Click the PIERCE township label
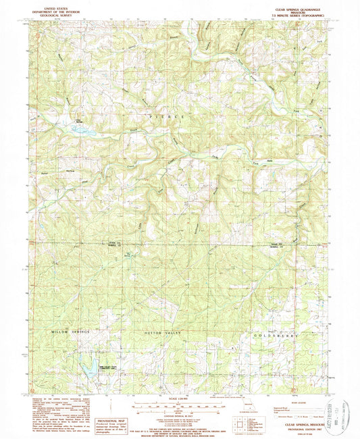pyautogui.click(x=164, y=117)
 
